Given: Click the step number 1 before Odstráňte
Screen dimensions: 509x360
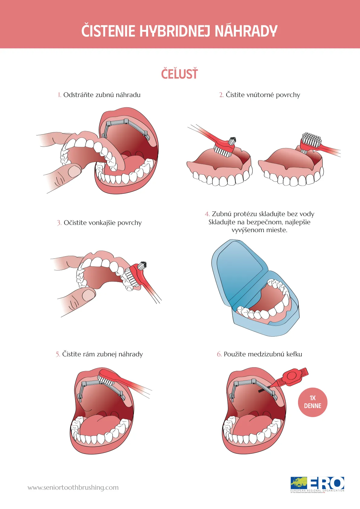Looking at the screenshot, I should pos(59,95).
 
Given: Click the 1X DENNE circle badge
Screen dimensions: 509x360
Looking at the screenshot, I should pos(313,402).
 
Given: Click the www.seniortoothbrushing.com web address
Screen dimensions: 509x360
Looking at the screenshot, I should pos(73,487).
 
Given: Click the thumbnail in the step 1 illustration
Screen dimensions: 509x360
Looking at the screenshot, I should pos(74,171).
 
